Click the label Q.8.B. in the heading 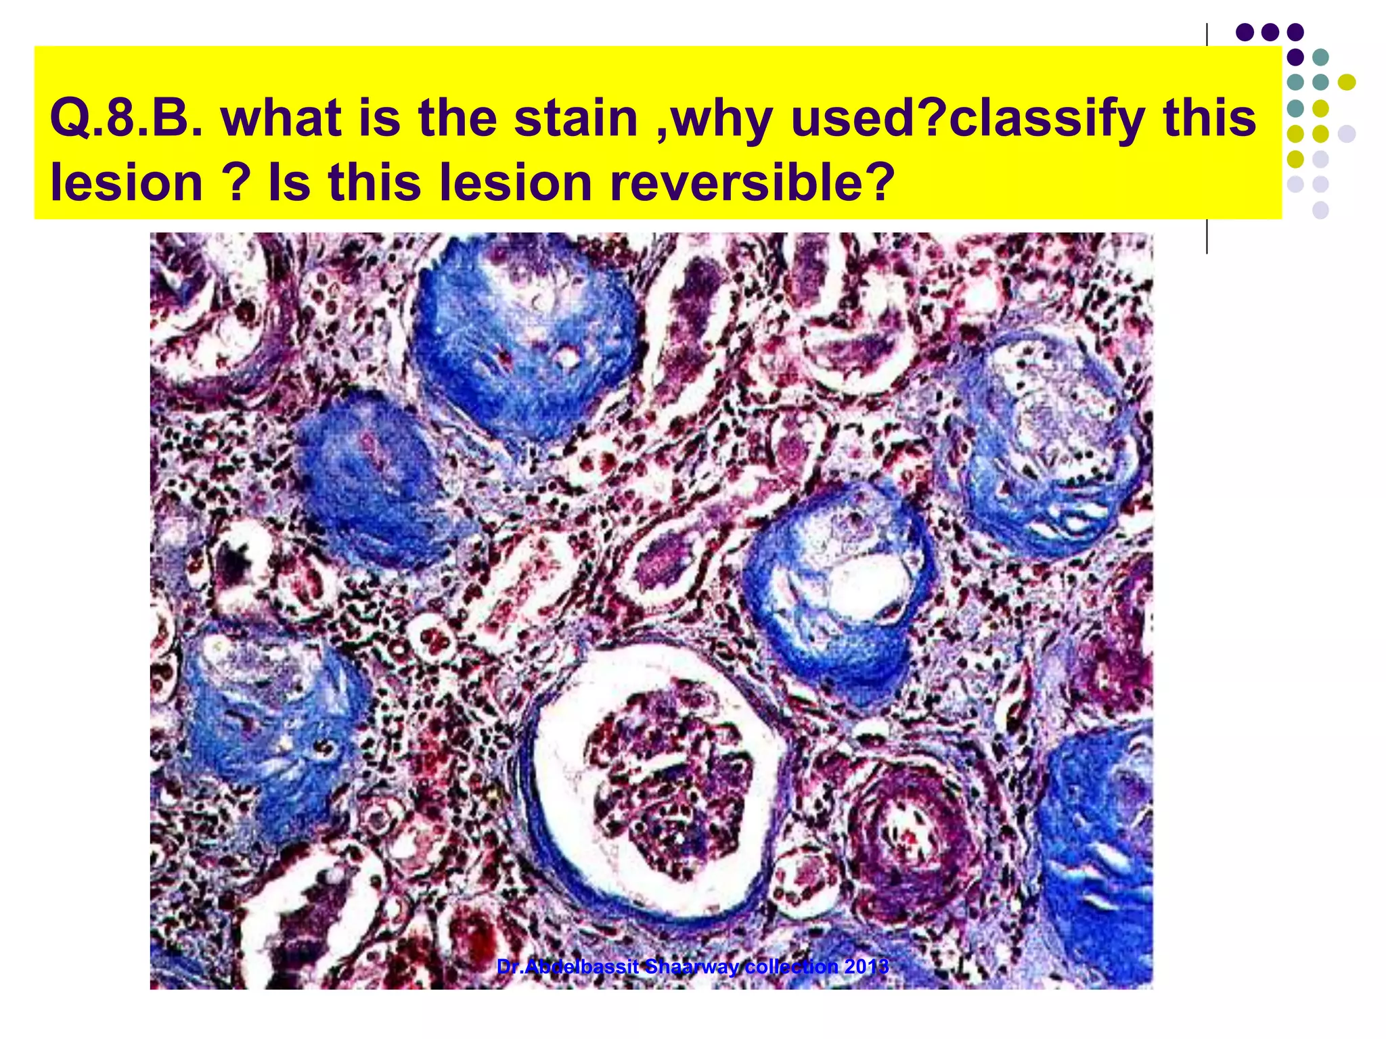point(126,118)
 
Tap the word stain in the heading point(575,118)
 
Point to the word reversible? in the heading point(751,183)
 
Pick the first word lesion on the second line point(126,183)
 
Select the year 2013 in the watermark point(866,967)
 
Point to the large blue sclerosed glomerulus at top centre point(528,338)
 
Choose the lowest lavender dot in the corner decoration point(1320,210)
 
